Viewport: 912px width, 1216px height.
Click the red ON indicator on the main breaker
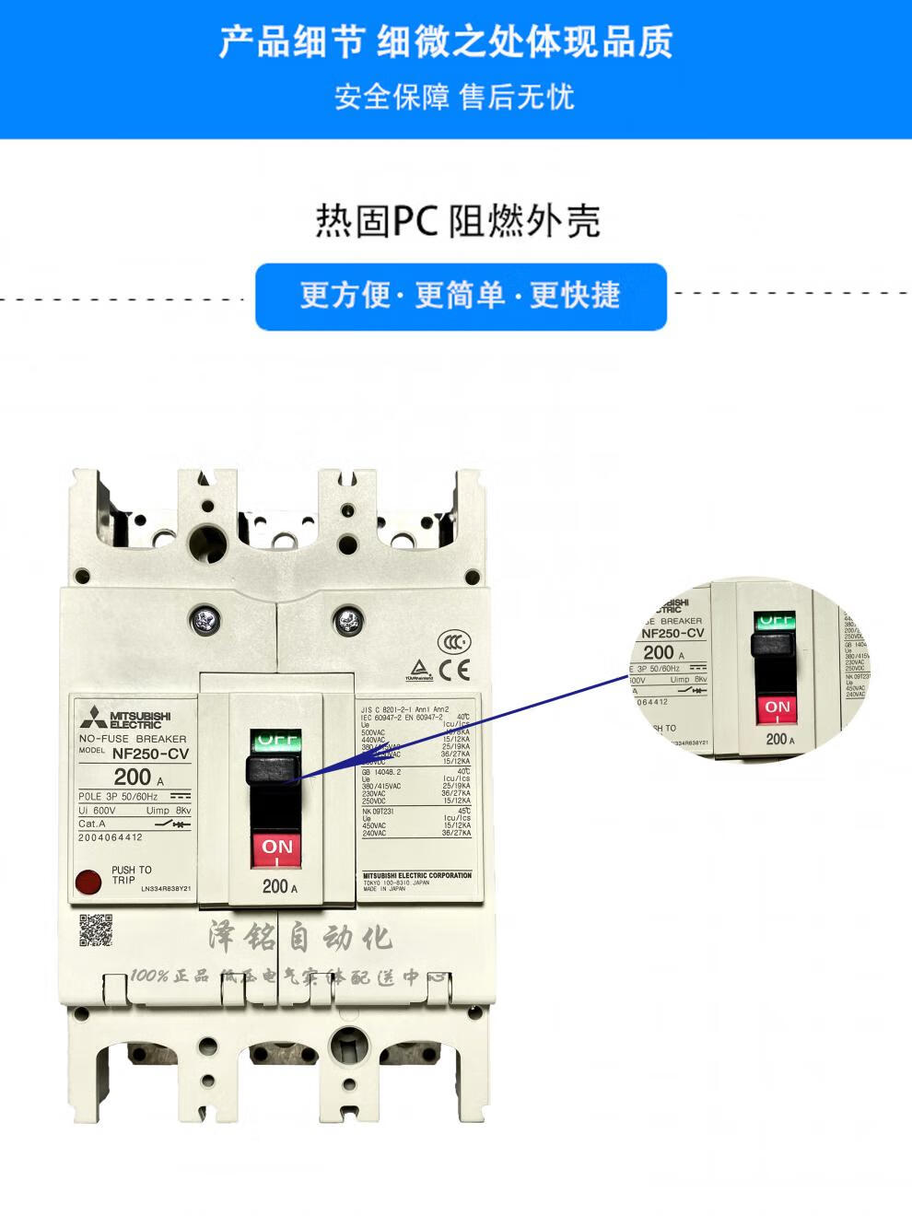pyautogui.click(x=277, y=848)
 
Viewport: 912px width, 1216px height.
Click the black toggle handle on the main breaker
pyautogui.click(x=274, y=769)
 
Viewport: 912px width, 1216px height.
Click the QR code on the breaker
pyautogui.click(x=96, y=930)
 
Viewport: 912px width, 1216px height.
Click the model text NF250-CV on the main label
pyautogui.click(x=150, y=754)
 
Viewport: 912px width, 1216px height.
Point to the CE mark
pyautogui.click(x=454, y=670)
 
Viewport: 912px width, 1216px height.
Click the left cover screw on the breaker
pyautogui.click(x=204, y=620)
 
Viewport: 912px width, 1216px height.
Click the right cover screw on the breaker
pyautogui.click(x=348, y=620)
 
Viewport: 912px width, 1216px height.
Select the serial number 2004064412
pyautogui.click(x=111, y=837)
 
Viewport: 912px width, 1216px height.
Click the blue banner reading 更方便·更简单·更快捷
pyautogui.click(x=461, y=296)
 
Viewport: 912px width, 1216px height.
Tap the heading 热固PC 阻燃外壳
pyautogui.click(x=458, y=221)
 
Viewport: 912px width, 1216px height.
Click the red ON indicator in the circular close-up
pyautogui.click(x=778, y=708)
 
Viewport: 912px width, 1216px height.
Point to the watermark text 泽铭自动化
pyautogui.click(x=300, y=938)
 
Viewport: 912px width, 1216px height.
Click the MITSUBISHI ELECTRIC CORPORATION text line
pyautogui.click(x=417, y=875)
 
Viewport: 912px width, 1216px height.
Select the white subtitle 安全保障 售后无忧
pyautogui.click(x=454, y=96)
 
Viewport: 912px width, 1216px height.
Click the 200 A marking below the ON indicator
pyautogui.click(x=279, y=886)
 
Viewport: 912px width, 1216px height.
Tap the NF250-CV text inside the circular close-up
pyautogui.click(x=672, y=633)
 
